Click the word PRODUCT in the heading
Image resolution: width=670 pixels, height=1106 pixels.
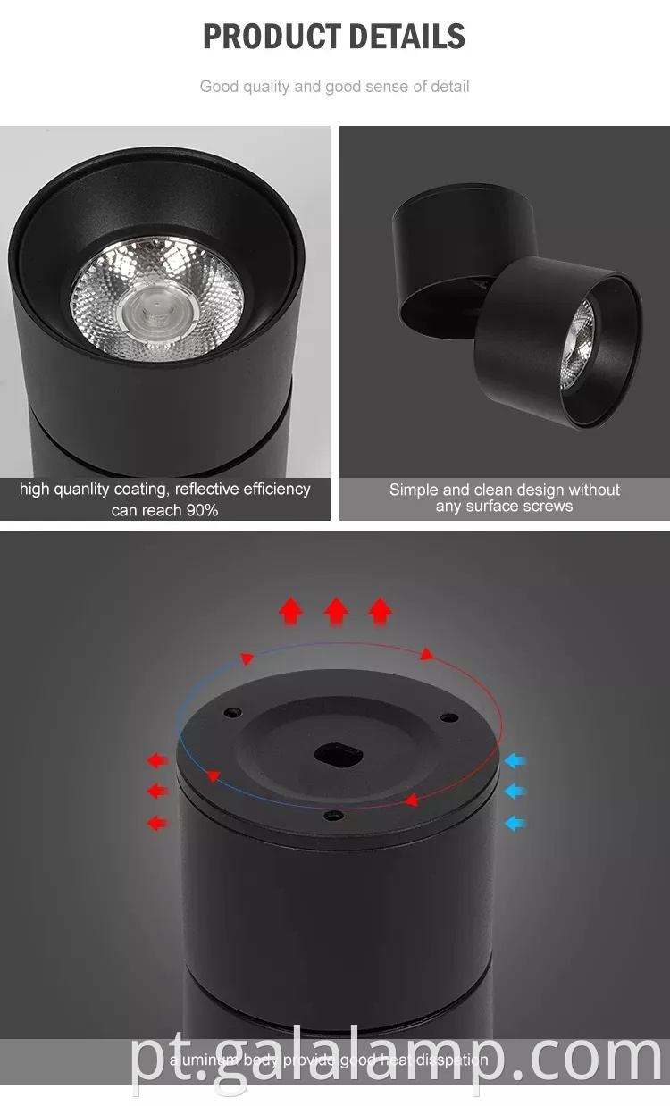267,37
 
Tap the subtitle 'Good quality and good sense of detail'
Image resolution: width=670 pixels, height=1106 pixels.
334,87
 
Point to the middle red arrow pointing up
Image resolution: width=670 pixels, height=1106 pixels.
336,611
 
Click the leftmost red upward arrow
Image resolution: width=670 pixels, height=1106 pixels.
290,611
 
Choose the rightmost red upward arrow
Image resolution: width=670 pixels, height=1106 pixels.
381,611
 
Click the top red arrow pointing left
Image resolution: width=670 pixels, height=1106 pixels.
157,761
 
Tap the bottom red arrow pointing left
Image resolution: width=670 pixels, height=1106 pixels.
157,822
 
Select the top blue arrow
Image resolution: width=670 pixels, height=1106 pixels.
515,761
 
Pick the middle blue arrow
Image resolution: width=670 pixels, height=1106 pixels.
515,792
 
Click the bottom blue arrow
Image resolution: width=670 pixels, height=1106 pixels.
515,822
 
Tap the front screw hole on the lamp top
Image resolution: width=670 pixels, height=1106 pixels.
333,815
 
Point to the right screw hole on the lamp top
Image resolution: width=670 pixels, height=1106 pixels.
448,716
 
